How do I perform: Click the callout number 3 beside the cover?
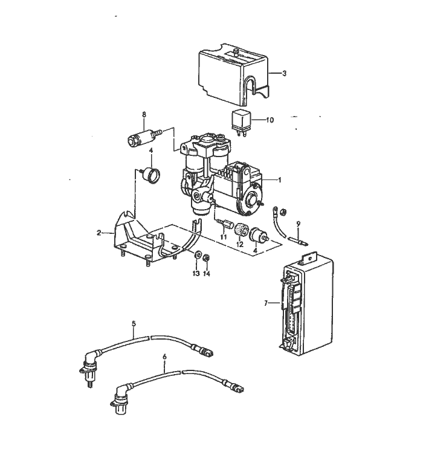coord(284,73)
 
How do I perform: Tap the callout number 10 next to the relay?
coord(270,120)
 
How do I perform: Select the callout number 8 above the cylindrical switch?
coord(144,114)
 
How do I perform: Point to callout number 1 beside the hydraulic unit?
coord(280,179)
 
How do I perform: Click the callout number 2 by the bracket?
coord(98,232)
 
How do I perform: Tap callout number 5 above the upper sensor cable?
coord(134,324)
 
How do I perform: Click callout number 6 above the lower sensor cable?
coord(164,357)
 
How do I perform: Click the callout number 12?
coord(239,245)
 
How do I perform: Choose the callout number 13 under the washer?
coord(196,273)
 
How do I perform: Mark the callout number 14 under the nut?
coord(207,273)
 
